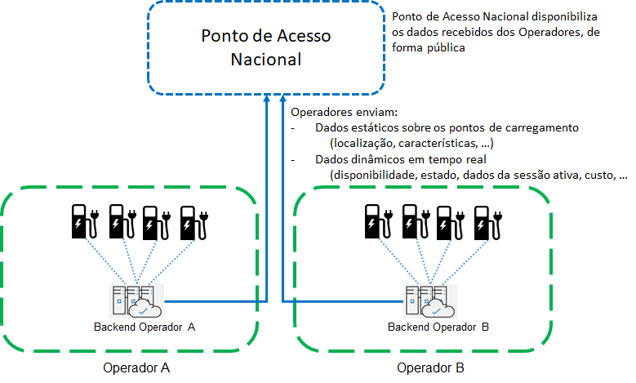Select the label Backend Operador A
[145, 327]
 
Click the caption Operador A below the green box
[136, 367]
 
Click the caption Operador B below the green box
[430, 367]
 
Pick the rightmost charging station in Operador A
[194, 221]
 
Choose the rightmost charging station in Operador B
[487, 221]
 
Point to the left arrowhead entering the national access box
[268, 97]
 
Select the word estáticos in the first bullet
[373, 128]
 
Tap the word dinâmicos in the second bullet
[375, 159]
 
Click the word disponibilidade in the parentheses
[367, 175]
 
